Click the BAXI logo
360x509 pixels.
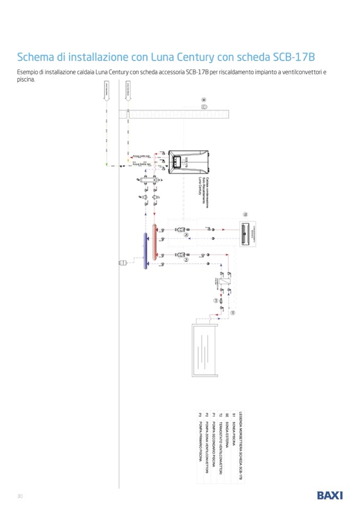pyautogui.click(x=330, y=495)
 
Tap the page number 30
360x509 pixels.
pyautogui.click(x=20, y=496)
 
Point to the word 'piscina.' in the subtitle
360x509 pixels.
pyautogui.click(x=25, y=80)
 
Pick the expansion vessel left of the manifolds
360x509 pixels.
pyautogui.click(x=123, y=261)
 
